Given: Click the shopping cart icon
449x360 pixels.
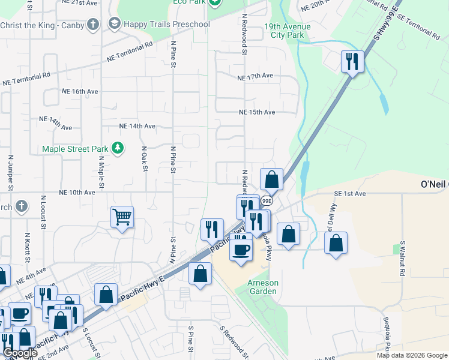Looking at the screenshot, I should coord(122,217).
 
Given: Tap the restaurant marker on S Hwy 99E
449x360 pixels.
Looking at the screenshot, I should coord(352,61).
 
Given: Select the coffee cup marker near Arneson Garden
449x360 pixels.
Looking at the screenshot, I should coord(241,250).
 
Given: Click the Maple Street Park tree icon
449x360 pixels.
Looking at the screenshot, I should coord(118,148).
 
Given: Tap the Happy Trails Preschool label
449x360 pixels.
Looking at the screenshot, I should coord(167,24).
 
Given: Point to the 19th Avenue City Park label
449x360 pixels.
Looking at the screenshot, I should coord(288,31).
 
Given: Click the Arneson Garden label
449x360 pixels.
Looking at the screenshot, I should coord(262,287).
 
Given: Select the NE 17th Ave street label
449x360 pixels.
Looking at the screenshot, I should coord(255,77).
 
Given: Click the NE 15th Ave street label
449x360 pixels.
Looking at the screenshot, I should coord(257,112).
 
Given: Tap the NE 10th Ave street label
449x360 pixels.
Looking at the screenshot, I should coord(77,193).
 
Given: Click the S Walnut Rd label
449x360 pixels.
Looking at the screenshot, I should coord(402,259).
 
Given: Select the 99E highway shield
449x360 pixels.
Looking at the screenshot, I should coord(267,201).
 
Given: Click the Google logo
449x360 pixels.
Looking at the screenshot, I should coord(20,353).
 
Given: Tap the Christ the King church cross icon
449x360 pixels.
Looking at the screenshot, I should coord(92,25).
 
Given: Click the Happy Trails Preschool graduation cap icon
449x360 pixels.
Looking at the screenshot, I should coord(113,24).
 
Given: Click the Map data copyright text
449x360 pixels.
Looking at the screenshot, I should coord(412,355).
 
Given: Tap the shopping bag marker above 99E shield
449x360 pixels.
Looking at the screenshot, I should coord(271,179).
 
